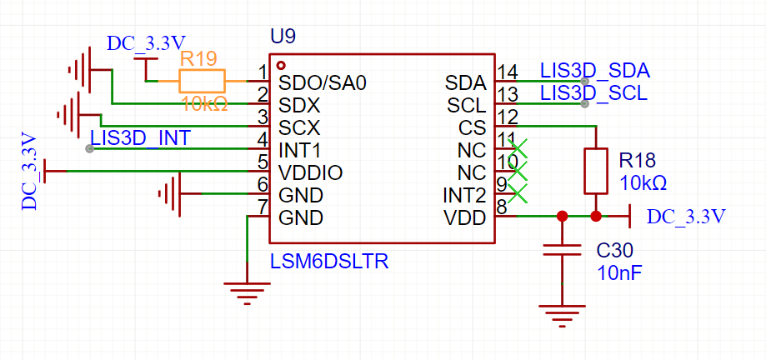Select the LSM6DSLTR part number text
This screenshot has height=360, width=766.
pyautogui.click(x=329, y=262)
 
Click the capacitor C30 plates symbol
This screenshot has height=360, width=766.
pyautogui.click(x=562, y=249)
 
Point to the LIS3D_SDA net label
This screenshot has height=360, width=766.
pyautogui.click(x=594, y=70)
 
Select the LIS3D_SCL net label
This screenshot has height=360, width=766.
pyautogui.click(x=593, y=93)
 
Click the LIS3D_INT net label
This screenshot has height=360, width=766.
pyautogui.click(x=140, y=137)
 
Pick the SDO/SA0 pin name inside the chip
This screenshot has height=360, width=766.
pyautogui.click(x=323, y=83)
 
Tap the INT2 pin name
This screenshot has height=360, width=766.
pyautogui.click(x=464, y=196)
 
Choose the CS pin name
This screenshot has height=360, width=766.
pyautogui.click(x=473, y=128)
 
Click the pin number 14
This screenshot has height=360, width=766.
pyautogui.click(x=506, y=71)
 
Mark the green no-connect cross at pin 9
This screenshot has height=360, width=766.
pyautogui.click(x=518, y=194)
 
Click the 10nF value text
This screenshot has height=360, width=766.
pyautogui.click(x=618, y=272)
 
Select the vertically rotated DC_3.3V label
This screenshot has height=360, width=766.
pyautogui.click(x=29, y=171)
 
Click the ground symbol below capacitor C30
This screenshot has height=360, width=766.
pyautogui.click(x=562, y=315)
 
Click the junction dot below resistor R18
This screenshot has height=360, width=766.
pyautogui.click(x=596, y=217)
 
